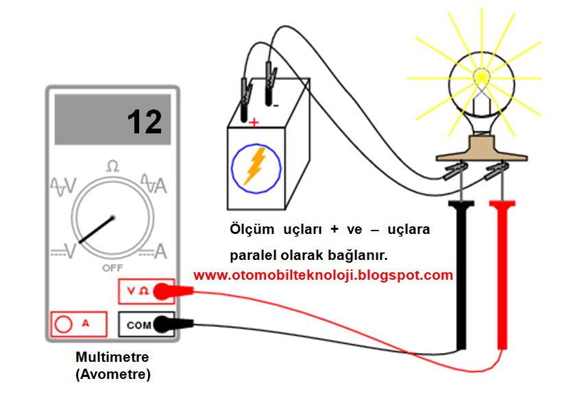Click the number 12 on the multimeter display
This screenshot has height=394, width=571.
tap(144, 122)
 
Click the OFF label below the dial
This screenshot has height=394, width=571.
tap(112, 268)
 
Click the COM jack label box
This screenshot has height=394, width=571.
tap(138, 325)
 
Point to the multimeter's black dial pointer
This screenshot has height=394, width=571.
tap(96, 230)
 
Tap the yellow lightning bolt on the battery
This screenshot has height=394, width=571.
tap(255, 166)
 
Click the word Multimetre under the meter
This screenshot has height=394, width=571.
tap(112, 358)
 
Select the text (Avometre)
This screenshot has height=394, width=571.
tap(112, 374)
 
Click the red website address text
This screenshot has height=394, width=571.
tap(324, 276)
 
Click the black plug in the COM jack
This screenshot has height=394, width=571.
tap(165, 324)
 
